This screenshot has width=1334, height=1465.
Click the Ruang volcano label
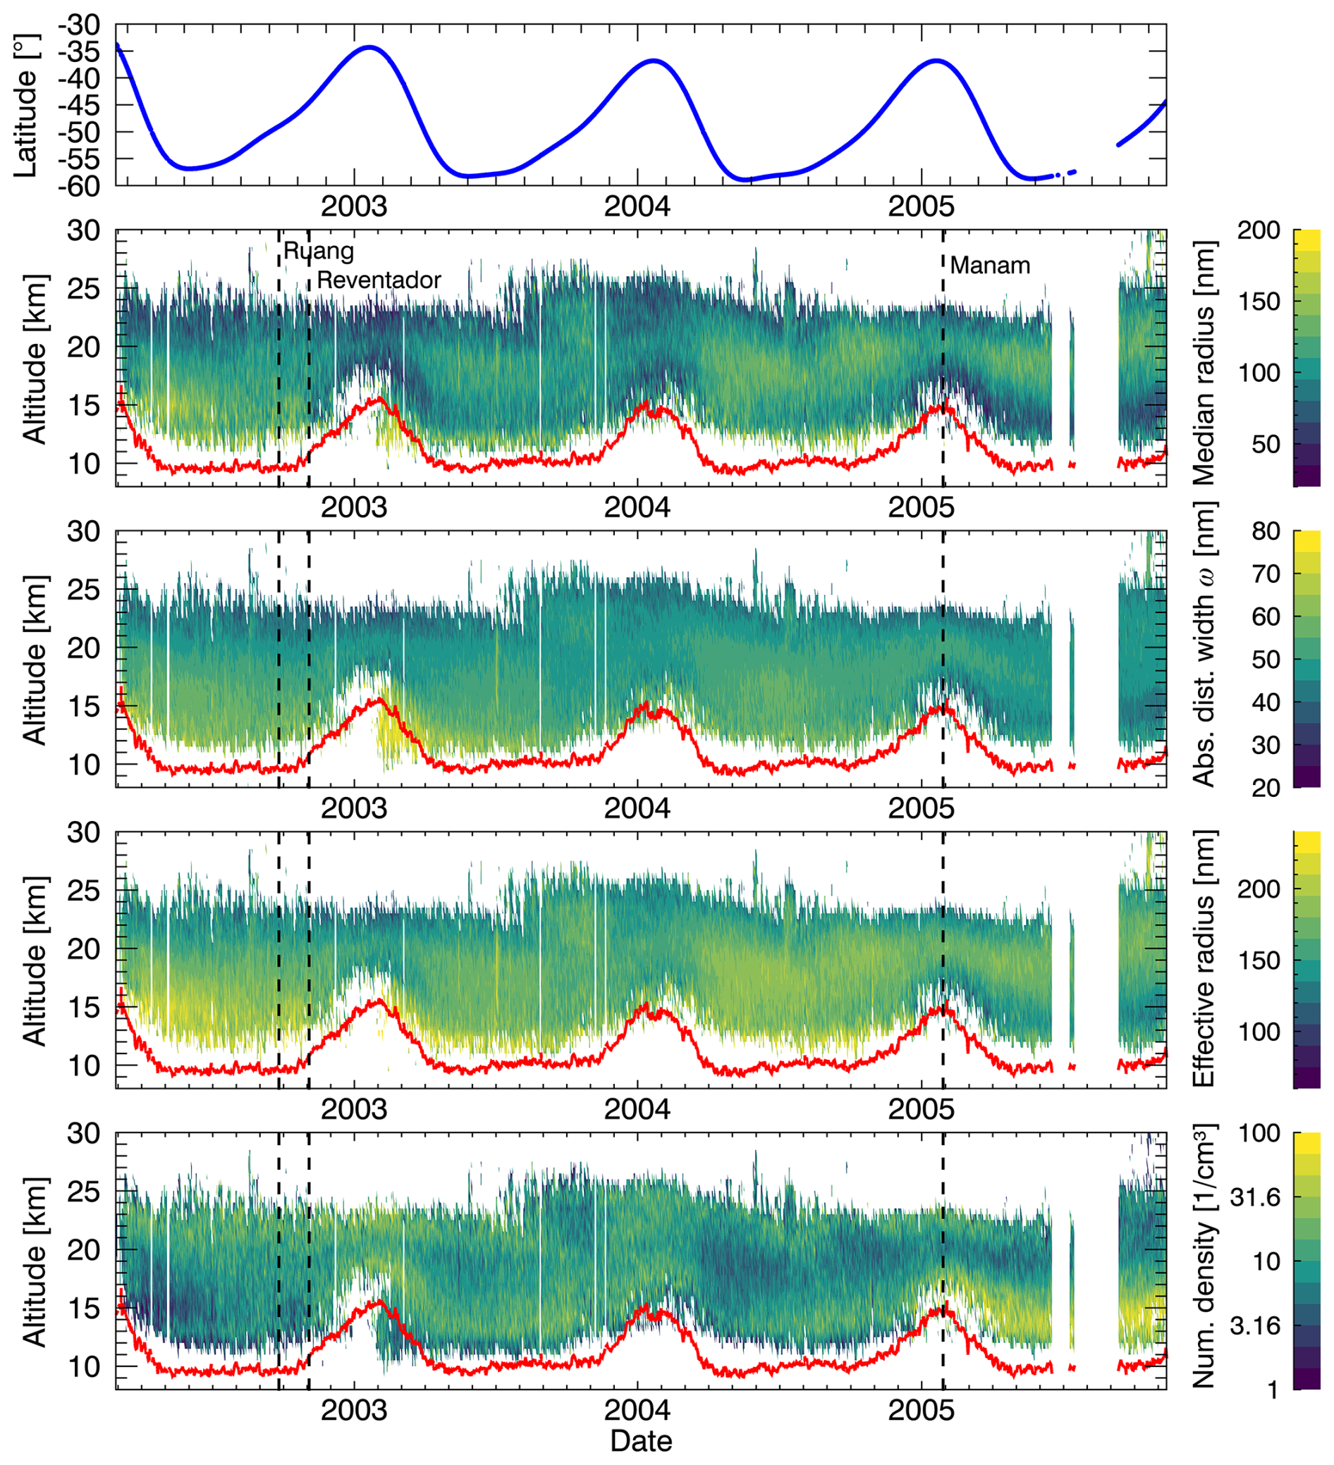click(x=319, y=252)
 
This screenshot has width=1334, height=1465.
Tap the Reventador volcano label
click(x=379, y=280)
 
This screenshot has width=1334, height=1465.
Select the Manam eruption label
click(x=989, y=266)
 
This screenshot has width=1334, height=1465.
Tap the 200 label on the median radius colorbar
click(x=1258, y=231)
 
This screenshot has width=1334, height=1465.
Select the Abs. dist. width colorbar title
click(x=1204, y=644)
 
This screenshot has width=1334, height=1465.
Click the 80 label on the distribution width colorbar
click(x=1265, y=532)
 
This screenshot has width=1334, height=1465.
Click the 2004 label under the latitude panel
click(x=637, y=207)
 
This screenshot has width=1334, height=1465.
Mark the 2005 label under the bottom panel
click(x=920, y=1411)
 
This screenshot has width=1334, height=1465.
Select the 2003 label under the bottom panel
click(x=353, y=1411)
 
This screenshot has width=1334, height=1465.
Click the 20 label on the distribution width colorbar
click(x=1265, y=789)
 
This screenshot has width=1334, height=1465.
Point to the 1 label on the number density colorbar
click(x=1272, y=1390)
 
